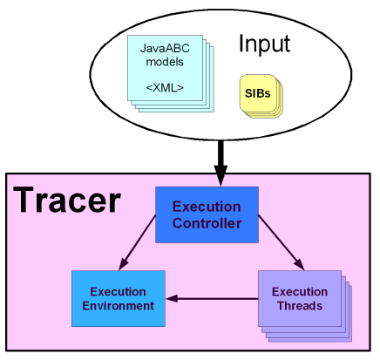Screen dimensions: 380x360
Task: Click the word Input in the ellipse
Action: pyautogui.click(x=264, y=44)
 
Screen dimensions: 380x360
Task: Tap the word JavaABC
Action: pyautogui.click(x=165, y=48)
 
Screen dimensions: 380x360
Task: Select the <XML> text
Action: pyautogui.click(x=165, y=88)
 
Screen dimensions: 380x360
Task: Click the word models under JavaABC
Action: pyautogui.click(x=165, y=62)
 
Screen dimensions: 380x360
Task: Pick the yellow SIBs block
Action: pyautogui.click(x=261, y=96)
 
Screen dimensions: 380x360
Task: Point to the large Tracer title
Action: pyautogui.click(x=67, y=200)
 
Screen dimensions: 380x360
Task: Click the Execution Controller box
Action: pyautogui.click(x=207, y=214)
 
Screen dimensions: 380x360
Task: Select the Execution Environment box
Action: pyautogui.click(x=119, y=298)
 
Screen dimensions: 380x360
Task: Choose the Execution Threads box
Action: pyautogui.click(x=300, y=298)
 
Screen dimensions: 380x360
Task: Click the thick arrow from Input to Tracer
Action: pyautogui.click(x=221, y=163)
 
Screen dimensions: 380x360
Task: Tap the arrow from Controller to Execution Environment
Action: pyautogui.click(x=137, y=242)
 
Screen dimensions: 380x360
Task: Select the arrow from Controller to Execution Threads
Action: pyautogui.click(x=282, y=242)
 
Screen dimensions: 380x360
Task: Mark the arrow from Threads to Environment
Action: pyautogui.click(x=212, y=298)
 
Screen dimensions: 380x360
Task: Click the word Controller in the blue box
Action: pyautogui.click(x=207, y=223)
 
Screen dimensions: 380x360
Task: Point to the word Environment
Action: pyautogui.click(x=119, y=306)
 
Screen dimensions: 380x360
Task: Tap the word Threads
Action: pyautogui.click(x=300, y=306)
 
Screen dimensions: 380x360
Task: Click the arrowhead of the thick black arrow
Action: pyautogui.click(x=221, y=176)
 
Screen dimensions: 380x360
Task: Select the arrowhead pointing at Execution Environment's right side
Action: pyautogui.click(x=172, y=298)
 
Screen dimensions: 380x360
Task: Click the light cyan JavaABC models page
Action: pyautogui.click(x=165, y=68)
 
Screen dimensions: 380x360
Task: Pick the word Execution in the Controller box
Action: pyautogui.click(x=207, y=207)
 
